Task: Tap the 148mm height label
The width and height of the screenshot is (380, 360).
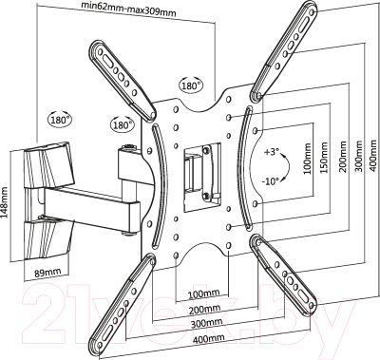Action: [x=5, y=202]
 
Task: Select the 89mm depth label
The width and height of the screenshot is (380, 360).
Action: [x=47, y=273]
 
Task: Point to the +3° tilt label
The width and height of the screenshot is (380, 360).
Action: [x=271, y=152]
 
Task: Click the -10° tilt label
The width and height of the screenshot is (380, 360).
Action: [x=271, y=181]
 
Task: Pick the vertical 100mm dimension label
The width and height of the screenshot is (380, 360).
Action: [x=307, y=159]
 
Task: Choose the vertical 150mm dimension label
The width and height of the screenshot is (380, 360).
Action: [x=324, y=158]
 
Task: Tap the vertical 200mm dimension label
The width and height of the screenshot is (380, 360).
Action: [x=343, y=157]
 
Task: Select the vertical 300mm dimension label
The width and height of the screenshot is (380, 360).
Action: [x=359, y=156]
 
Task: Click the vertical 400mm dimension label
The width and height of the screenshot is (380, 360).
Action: [x=374, y=155]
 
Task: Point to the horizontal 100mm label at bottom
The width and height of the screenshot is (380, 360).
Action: [x=203, y=294]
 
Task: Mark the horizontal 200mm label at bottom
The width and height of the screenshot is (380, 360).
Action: [x=205, y=309]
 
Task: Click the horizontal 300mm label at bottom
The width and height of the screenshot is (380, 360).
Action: [x=206, y=323]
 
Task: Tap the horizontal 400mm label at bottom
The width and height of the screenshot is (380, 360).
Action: [x=209, y=338]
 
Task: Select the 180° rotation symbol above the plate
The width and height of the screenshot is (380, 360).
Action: [x=191, y=85]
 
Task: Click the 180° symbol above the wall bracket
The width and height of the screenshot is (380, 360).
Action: [x=59, y=119]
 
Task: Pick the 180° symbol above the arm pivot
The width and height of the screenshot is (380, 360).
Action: [x=122, y=124]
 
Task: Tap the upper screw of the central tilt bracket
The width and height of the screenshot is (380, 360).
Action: [x=206, y=149]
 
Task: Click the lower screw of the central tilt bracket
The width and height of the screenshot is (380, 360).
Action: [x=206, y=197]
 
